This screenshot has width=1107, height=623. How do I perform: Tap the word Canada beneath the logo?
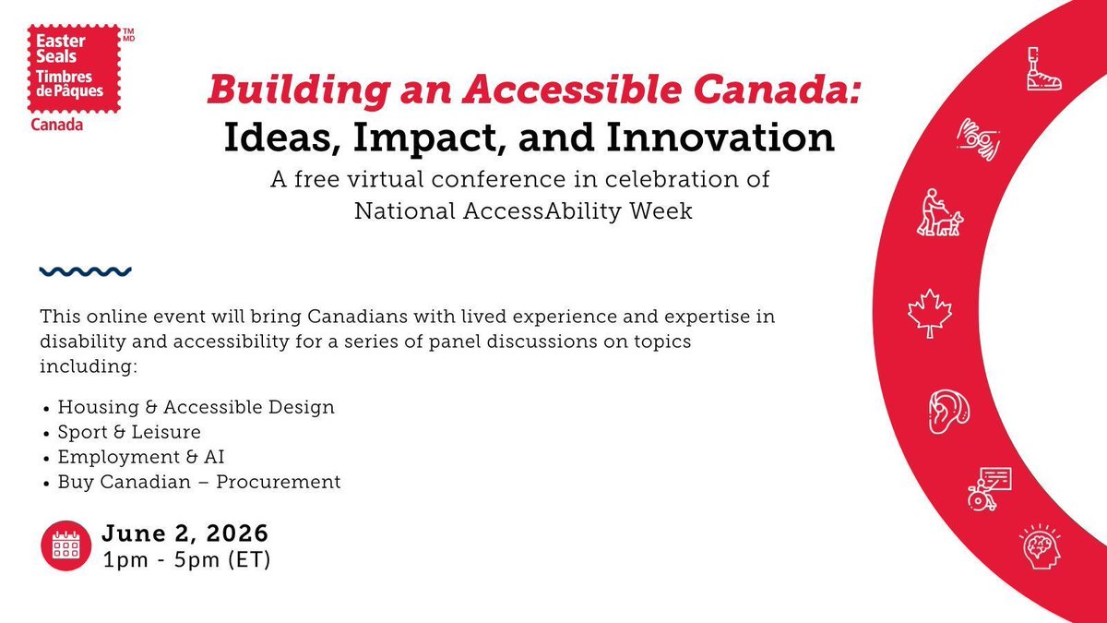57,124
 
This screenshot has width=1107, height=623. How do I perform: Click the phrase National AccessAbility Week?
524,210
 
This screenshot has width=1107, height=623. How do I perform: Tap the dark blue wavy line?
85,271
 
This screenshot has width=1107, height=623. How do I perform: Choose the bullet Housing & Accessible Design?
196,406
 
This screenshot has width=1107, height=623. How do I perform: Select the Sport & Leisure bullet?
128,431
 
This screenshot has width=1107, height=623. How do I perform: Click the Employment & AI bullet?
140,456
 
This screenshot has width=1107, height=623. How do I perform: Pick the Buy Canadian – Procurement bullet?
198,481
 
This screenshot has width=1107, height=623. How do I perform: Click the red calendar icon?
65,546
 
